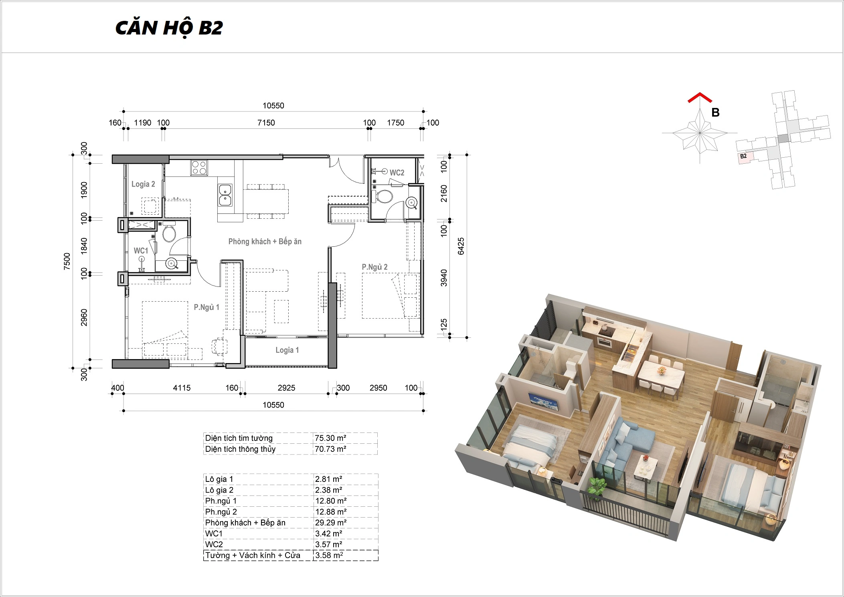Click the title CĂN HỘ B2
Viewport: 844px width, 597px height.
pyautogui.click(x=169, y=28)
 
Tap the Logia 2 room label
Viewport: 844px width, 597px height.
pyautogui.click(x=143, y=184)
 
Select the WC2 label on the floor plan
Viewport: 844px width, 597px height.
pyautogui.click(x=397, y=173)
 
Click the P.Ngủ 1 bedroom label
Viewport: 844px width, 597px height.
pyautogui.click(x=206, y=307)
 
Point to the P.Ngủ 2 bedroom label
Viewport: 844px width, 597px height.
pyautogui.click(x=374, y=267)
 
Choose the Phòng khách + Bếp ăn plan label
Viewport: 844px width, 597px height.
pyautogui.click(x=265, y=242)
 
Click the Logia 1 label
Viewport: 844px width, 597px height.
pyautogui.click(x=287, y=350)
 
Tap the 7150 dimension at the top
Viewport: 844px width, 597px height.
pyautogui.click(x=266, y=123)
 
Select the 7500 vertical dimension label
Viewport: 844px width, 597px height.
pyautogui.click(x=67, y=261)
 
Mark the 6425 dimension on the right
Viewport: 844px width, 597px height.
pyautogui.click(x=461, y=246)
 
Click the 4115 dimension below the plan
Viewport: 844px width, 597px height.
pyautogui.click(x=182, y=388)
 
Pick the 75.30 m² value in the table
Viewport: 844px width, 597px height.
pyautogui.click(x=330, y=438)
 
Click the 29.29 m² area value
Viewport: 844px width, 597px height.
pyautogui.click(x=331, y=523)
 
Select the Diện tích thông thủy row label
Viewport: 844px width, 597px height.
pyautogui.click(x=240, y=449)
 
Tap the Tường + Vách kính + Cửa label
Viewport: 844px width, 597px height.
pyautogui.click(x=253, y=556)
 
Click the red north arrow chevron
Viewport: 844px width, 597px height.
pyautogui.click(x=700, y=97)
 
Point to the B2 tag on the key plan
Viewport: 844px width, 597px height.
pyautogui.click(x=743, y=156)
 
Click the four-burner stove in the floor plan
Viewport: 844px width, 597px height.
pyautogui.click(x=199, y=167)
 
